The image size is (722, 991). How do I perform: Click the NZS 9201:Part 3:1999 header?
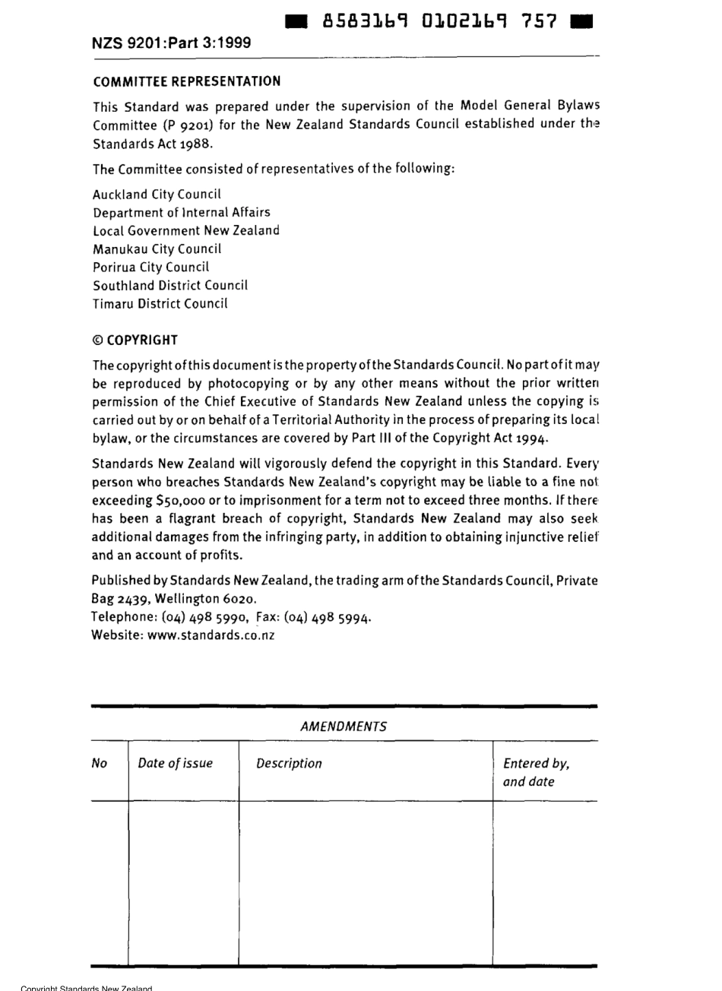[171, 43]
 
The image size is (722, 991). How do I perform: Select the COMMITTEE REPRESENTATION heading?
[186, 81]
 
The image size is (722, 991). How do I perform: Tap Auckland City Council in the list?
[157, 195]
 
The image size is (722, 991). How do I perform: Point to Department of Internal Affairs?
[181, 213]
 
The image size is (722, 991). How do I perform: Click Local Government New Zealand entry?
[186, 231]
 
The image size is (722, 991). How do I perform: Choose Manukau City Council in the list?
[157, 249]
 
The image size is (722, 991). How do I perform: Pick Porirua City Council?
[150, 268]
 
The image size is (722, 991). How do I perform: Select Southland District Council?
[170, 286]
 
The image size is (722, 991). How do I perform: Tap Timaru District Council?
[160, 304]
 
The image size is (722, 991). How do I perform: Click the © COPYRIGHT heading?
[135, 340]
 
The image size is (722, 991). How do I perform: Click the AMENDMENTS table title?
[344, 727]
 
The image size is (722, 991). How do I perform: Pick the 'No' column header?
[100, 764]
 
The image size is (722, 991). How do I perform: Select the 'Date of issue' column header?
[176, 764]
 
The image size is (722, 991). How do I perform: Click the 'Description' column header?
[289, 764]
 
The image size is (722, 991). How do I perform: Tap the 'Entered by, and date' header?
[537, 772]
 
